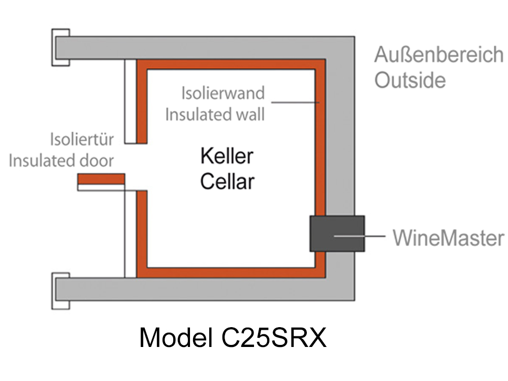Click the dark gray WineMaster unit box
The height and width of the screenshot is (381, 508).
click(337, 233)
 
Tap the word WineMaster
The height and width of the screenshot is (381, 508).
click(448, 237)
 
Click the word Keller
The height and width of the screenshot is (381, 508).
click(227, 156)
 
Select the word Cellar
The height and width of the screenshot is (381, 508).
click(227, 181)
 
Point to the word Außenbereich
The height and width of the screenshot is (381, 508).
click(439, 55)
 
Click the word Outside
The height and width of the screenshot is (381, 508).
click(410, 80)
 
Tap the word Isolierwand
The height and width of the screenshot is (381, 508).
click(223, 93)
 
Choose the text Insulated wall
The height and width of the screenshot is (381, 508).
click(215, 114)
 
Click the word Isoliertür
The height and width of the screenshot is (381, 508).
click(82, 139)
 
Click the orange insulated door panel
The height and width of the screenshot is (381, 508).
click(101, 179)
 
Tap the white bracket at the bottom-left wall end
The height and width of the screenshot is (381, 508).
click(60, 290)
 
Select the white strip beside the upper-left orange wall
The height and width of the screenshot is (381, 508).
click(130, 102)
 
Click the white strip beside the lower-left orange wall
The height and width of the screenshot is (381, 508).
click(130, 234)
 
